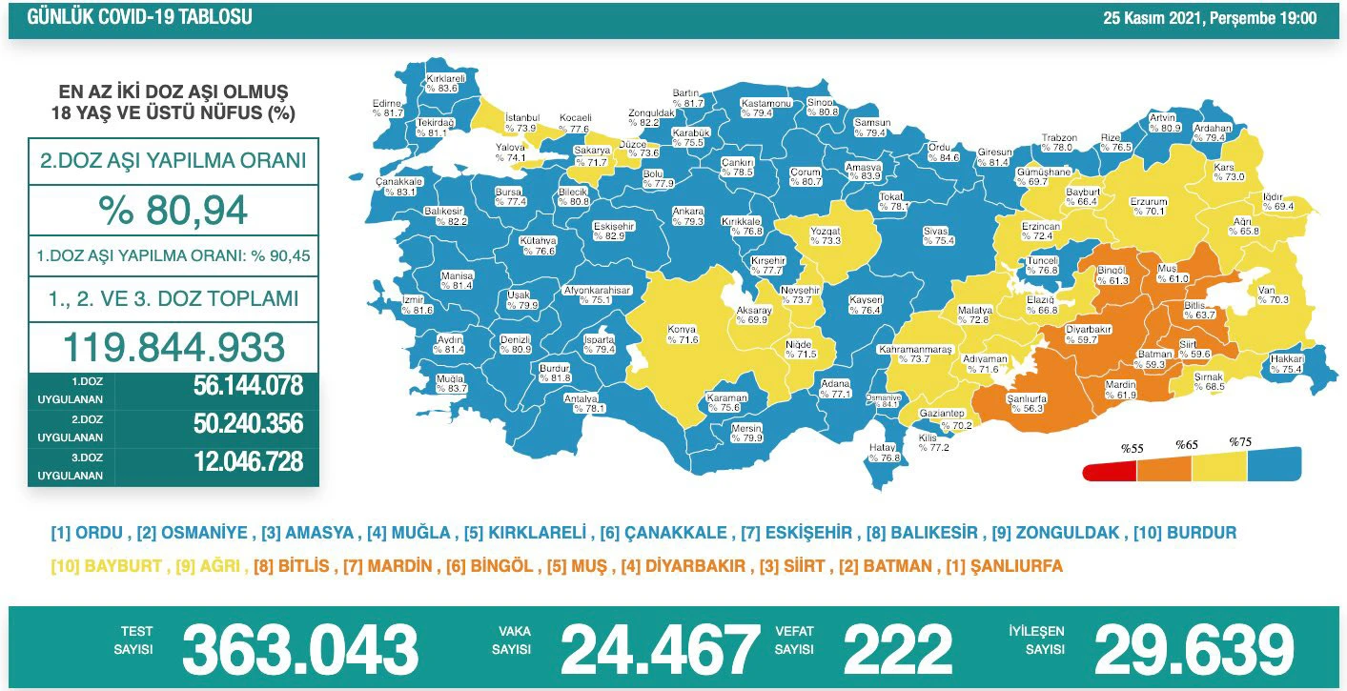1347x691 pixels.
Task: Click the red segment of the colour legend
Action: pos(1111,471)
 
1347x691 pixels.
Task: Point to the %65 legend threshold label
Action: pos(1186,445)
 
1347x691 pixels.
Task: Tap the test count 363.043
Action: pos(300,649)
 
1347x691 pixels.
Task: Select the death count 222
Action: pos(897,649)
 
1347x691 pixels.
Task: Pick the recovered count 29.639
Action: pos(1193,649)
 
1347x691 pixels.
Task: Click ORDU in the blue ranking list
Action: pos(98,533)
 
